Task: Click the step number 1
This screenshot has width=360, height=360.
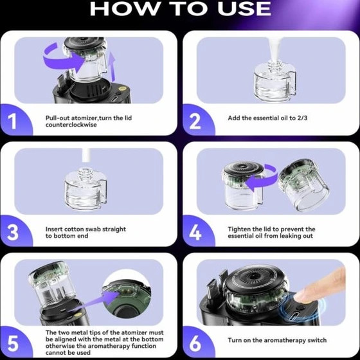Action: coord(12,121)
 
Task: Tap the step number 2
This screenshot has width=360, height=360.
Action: coord(195,121)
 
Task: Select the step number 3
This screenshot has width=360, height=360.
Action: coord(13,232)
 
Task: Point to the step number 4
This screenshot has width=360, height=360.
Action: coord(195,232)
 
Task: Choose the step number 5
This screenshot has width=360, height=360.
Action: coord(13,344)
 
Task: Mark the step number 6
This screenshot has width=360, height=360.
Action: coord(195,344)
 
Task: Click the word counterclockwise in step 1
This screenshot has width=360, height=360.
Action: coord(71,125)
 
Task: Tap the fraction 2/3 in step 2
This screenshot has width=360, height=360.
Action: coord(302,118)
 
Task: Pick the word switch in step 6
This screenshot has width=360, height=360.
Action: coord(318,340)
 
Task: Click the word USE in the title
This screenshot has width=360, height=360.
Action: coord(244,9)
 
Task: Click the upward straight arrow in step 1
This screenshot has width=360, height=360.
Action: coord(112,67)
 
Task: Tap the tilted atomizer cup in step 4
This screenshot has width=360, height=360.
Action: coord(303,185)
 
